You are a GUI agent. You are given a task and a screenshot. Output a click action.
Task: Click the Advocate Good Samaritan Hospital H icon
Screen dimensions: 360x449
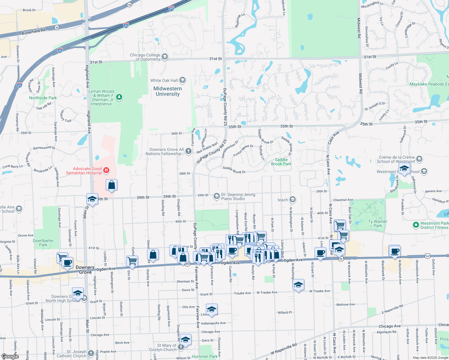coord(106,170)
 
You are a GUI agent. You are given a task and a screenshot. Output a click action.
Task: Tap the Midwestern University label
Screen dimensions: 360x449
coord(167,91)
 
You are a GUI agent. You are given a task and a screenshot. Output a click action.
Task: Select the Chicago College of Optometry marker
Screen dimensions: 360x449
coord(164,56)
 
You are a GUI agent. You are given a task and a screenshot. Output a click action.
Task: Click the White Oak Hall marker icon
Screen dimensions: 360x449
coord(182,80)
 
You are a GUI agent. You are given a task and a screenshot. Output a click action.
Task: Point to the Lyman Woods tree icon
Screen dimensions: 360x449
coord(119,97)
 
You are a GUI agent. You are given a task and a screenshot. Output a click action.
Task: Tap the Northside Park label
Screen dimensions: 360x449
coord(43,98)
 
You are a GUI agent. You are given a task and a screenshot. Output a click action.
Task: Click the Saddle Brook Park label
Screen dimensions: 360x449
coord(281,162)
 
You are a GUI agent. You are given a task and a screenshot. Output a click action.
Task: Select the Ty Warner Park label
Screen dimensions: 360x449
coord(378,223)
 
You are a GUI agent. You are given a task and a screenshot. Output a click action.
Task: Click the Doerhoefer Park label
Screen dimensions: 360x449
coord(43,243)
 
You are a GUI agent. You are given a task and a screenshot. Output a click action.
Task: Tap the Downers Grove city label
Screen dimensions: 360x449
coord(85,270)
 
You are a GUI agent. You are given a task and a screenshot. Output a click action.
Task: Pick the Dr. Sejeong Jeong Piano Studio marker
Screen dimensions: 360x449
coord(216,196)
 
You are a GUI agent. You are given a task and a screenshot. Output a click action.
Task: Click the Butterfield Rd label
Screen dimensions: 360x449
coord(33,31)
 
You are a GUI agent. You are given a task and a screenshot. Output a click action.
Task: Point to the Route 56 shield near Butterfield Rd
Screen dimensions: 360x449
coord(57,28)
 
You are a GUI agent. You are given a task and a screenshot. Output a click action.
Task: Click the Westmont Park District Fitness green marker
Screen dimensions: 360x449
coord(416,225)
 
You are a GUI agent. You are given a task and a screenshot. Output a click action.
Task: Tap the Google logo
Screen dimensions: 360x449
coord(10,356)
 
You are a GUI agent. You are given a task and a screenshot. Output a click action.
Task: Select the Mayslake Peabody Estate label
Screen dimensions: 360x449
coord(429,84)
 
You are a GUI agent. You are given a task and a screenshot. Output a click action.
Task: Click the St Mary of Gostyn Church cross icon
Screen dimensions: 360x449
coord(181,347)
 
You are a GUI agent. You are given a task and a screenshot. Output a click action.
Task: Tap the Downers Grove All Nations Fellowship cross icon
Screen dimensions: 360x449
coord(188,151)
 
